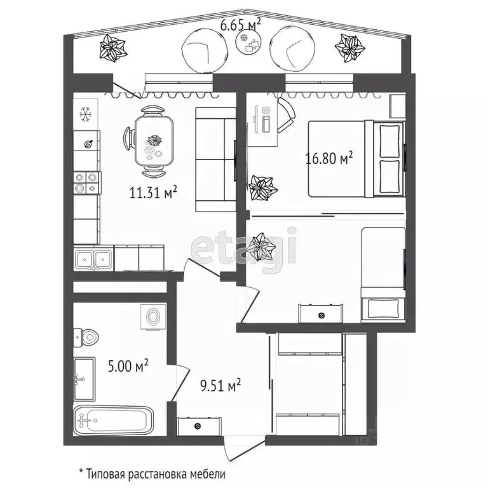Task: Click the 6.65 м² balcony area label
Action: pos(240,25)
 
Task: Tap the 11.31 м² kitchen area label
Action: pos(153,193)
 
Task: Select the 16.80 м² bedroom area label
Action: pos(329,158)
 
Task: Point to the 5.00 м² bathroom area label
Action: pos(128,366)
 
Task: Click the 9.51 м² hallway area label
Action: pos(220,385)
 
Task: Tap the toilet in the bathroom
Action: pos(86,337)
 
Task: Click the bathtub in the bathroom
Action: pos(114,421)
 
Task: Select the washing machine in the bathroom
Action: pos(153,317)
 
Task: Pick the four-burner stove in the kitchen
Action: pos(86,183)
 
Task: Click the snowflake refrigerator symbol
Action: pos(85,114)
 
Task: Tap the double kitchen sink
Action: pos(93,259)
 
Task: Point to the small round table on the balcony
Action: pos(248,43)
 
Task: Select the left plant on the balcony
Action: pos(112,48)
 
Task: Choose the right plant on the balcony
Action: pos(349,47)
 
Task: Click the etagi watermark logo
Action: pos(244,250)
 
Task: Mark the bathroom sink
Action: pos(84,379)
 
